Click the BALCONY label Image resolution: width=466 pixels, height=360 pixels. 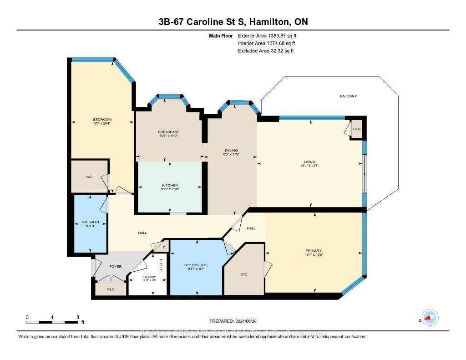(348, 96)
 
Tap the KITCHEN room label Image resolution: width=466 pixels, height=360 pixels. (170, 185)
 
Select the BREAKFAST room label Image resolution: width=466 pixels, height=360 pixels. (168, 132)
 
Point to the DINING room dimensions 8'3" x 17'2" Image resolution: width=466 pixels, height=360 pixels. (231, 155)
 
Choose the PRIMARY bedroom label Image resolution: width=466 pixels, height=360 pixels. (314, 251)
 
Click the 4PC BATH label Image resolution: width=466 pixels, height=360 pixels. (91, 222)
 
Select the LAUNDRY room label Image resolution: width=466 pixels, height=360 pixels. (150, 277)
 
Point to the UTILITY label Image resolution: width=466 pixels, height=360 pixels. (161, 265)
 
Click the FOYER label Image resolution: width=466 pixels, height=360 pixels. (116, 266)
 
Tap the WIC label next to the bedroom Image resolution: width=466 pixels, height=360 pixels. (89, 177)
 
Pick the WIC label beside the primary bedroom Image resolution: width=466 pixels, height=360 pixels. (243, 274)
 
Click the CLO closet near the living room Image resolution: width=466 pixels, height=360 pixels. (357, 129)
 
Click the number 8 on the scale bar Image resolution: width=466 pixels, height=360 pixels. (78, 317)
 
